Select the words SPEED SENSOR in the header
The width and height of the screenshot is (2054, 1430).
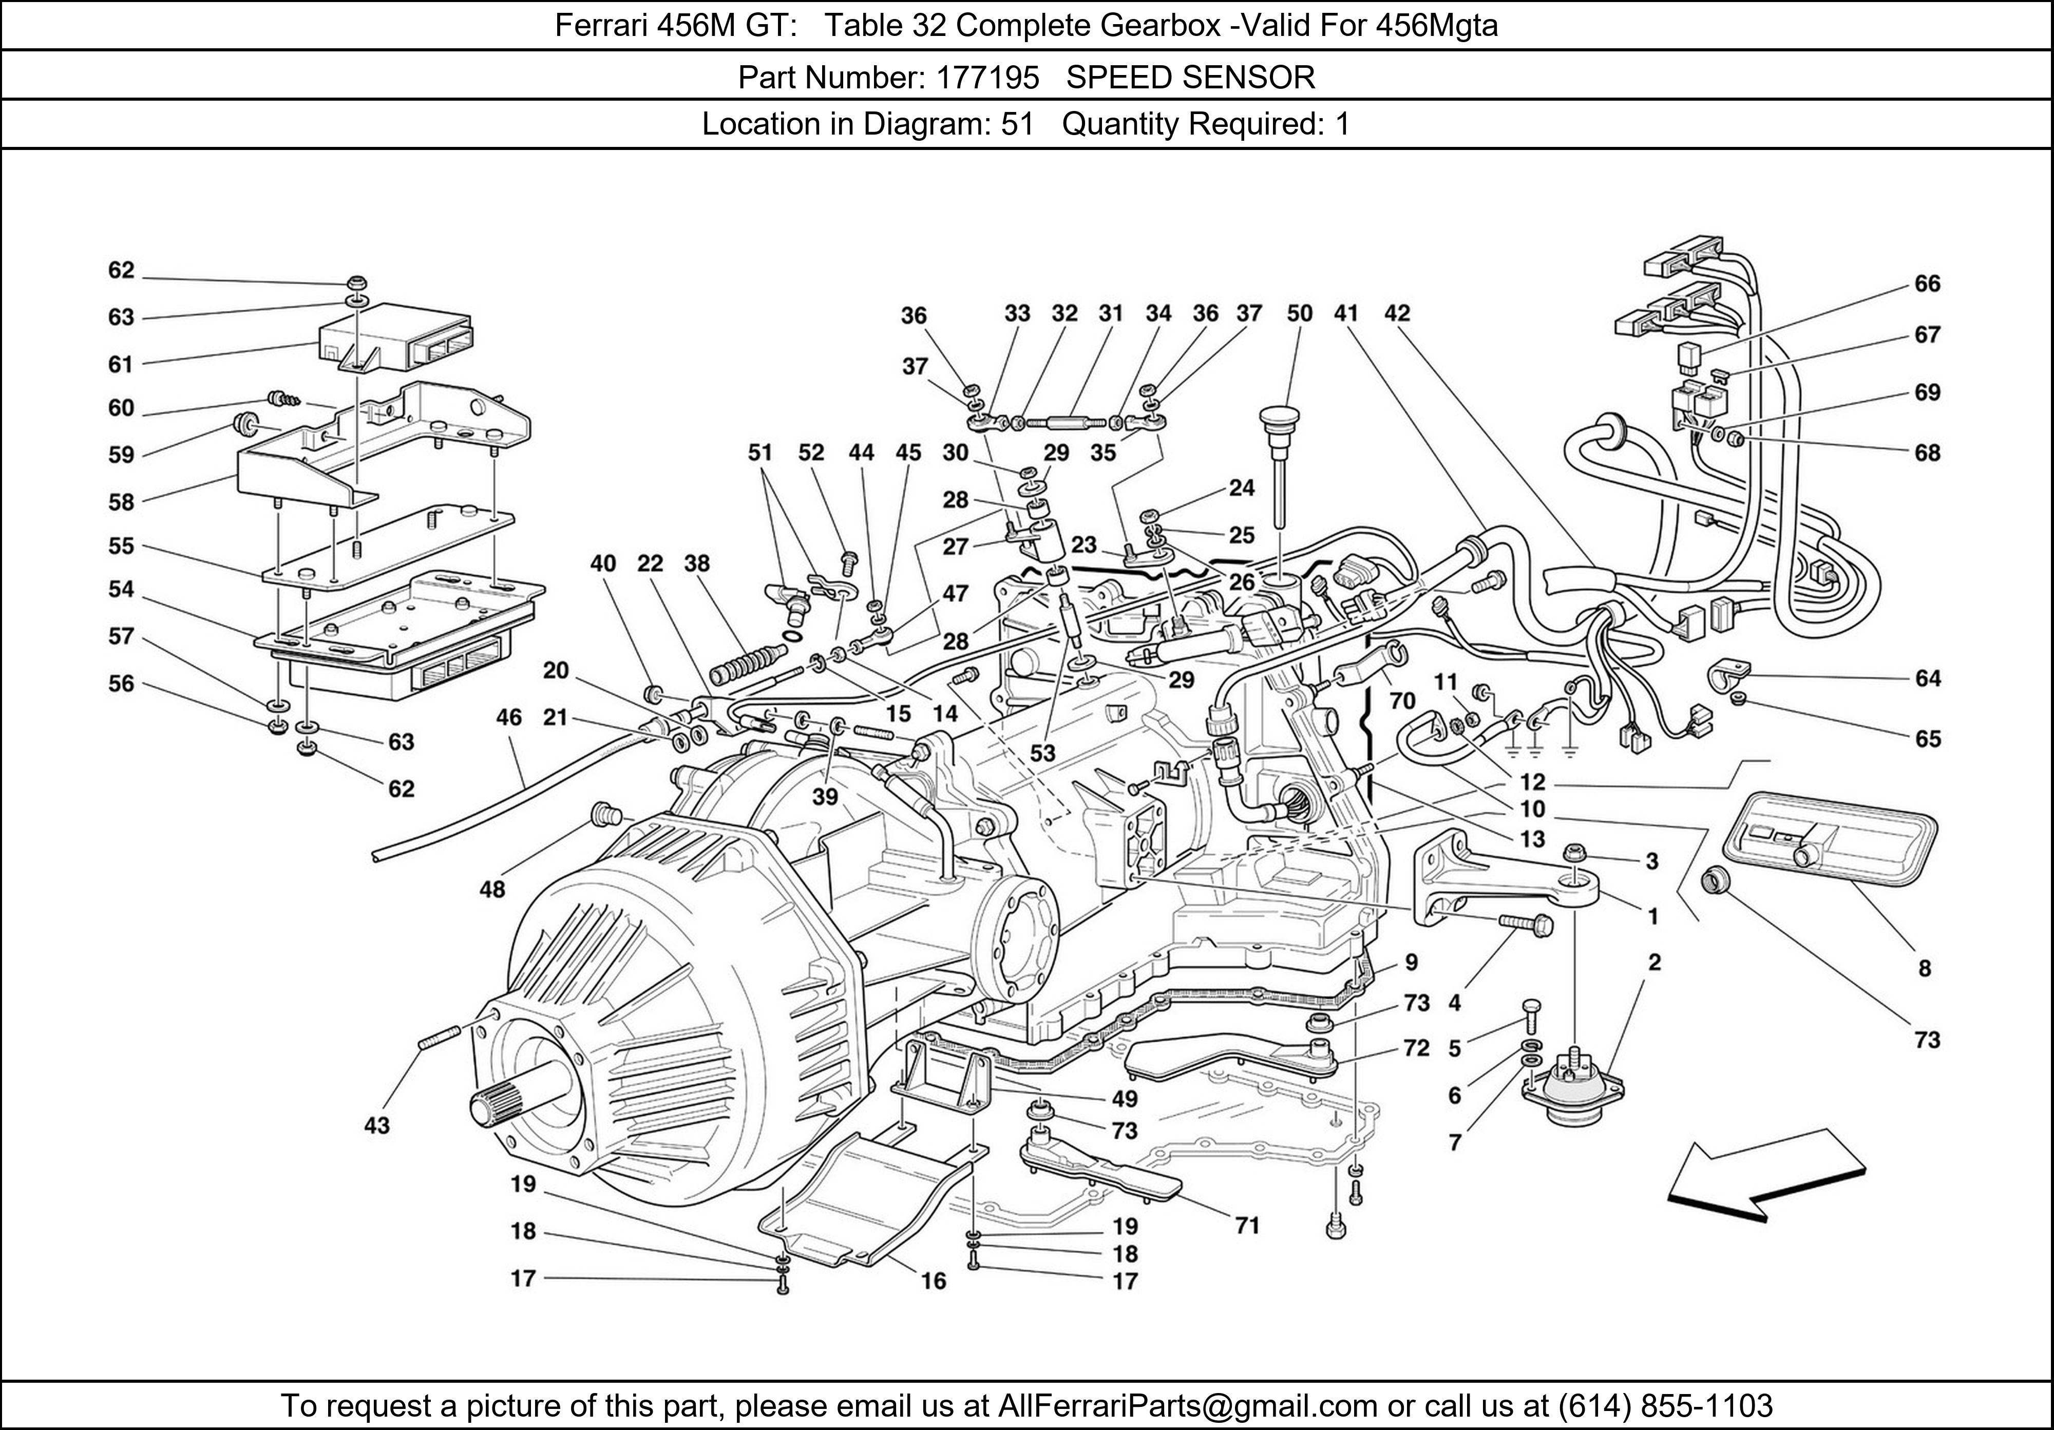click(x=1191, y=78)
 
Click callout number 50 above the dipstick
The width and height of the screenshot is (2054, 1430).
click(x=1299, y=313)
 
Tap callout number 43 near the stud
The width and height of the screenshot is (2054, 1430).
click(x=376, y=1125)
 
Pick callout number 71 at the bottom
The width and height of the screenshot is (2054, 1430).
click(x=1247, y=1225)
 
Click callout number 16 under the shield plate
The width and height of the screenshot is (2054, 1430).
click(x=933, y=1281)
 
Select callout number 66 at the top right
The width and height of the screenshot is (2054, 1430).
click(x=1927, y=284)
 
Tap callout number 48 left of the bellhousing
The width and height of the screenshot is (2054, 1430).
click(x=492, y=889)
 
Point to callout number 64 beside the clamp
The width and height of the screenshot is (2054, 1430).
click(x=1927, y=679)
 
